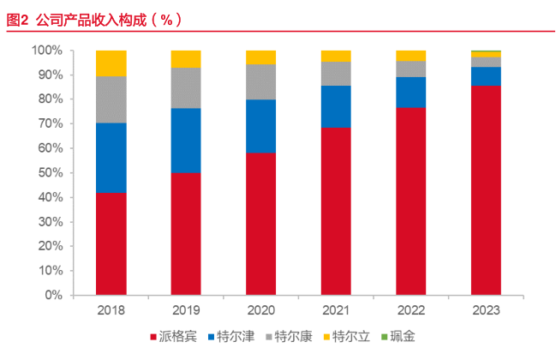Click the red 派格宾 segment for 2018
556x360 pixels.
[x=111, y=243]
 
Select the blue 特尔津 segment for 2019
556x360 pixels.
[x=186, y=141]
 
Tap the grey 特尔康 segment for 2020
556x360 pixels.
[x=260, y=82]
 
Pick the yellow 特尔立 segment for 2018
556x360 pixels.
[x=111, y=63]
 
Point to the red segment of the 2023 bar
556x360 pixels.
[x=486, y=189]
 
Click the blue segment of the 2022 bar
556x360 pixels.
[x=410, y=92]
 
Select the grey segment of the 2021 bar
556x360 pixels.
[x=336, y=74]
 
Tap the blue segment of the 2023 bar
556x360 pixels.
[x=486, y=75]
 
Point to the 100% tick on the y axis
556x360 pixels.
[x=47, y=51]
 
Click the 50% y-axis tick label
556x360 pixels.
[x=50, y=173]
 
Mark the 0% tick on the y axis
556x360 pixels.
[x=53, y=295]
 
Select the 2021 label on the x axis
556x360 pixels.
[x=336, y=309]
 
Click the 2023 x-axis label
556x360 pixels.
[x=486, y=309]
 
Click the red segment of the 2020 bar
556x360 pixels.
[x=260, y=224]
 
